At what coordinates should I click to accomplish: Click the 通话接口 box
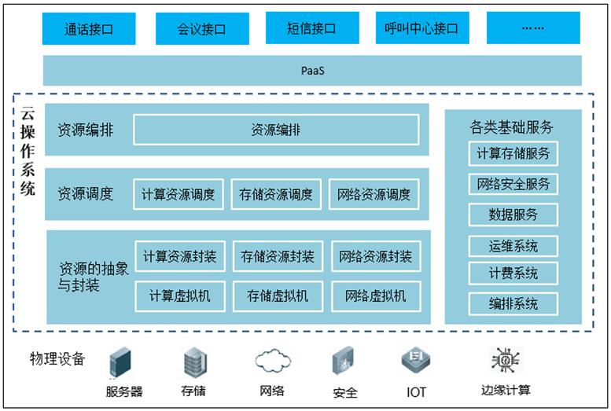[x=88, y=29]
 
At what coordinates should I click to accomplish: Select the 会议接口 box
[x=201, y=29]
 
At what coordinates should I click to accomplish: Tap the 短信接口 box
[x=311, y=29]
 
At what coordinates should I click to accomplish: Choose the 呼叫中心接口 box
[x=421, y=29]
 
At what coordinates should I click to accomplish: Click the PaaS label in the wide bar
[x=312, y=71]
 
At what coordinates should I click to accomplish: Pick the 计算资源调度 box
[x=179, y=194]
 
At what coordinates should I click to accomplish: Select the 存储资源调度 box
[x=276, y=194]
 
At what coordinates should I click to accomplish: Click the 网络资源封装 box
[x=375, y=256]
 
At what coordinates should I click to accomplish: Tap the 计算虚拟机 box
[x=179, y=295]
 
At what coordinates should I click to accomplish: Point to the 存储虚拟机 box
[x=278, y=295]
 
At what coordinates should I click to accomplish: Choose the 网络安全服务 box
[x=513, y=185]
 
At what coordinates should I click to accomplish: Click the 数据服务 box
[x=513, y=215]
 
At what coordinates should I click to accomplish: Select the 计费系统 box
[x=513, y=273]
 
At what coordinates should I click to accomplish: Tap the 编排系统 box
[x=513, y=303]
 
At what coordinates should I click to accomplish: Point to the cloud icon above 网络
[x=271, y=361]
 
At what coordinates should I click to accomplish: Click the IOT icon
[x=416, y=361]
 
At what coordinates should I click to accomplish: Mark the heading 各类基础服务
[x=513, y=127]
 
